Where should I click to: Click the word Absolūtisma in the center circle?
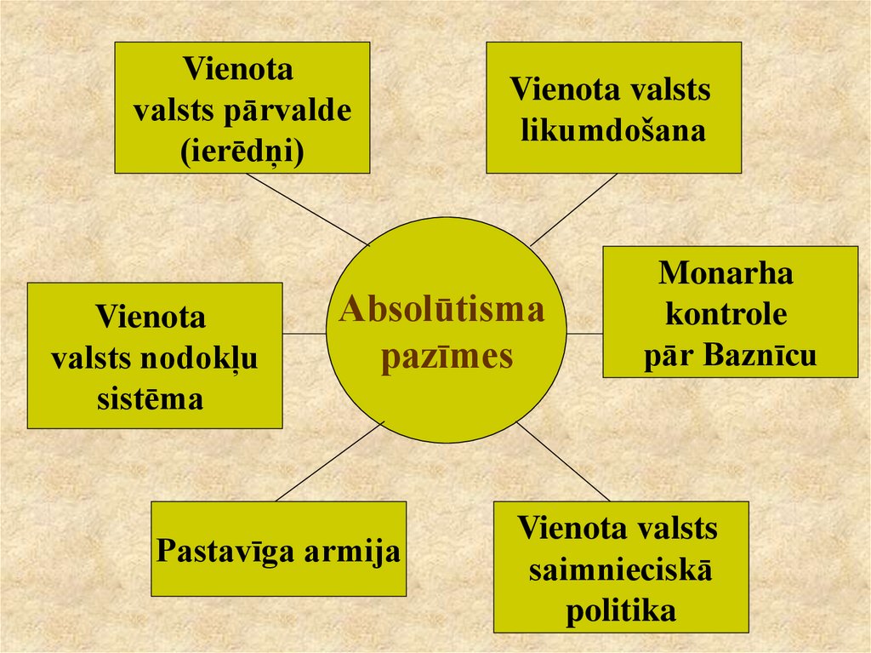pyautogui.click(x=441, y=310)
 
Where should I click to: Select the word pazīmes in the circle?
pyautogui.click(x=447, y=355)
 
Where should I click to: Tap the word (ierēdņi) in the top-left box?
pyautogui.click(x=242, y=150)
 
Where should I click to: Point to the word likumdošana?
pyautogui.click(x=612, y=130)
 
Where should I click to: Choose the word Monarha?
pyautogui.click(x=726, y=273)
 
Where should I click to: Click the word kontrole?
pyautogui.click(x=726, y=314)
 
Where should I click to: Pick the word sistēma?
pyautogui.click(x=150, y=398)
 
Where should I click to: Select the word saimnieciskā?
pyautogui.click(x=620, y=570)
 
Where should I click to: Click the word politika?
pyautogui.click(x=620, y=610)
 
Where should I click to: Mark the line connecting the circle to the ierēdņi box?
pyautogui.click(x=307, y=209)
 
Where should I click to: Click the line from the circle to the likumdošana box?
pyautogui.click(x=573, y=209)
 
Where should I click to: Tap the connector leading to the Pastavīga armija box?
pyautogui.click(x=330, y=461)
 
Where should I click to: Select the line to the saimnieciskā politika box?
pyautogui.click(x=563, y=461)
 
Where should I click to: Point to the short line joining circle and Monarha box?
pyautogui.click(x=585, y=334)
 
